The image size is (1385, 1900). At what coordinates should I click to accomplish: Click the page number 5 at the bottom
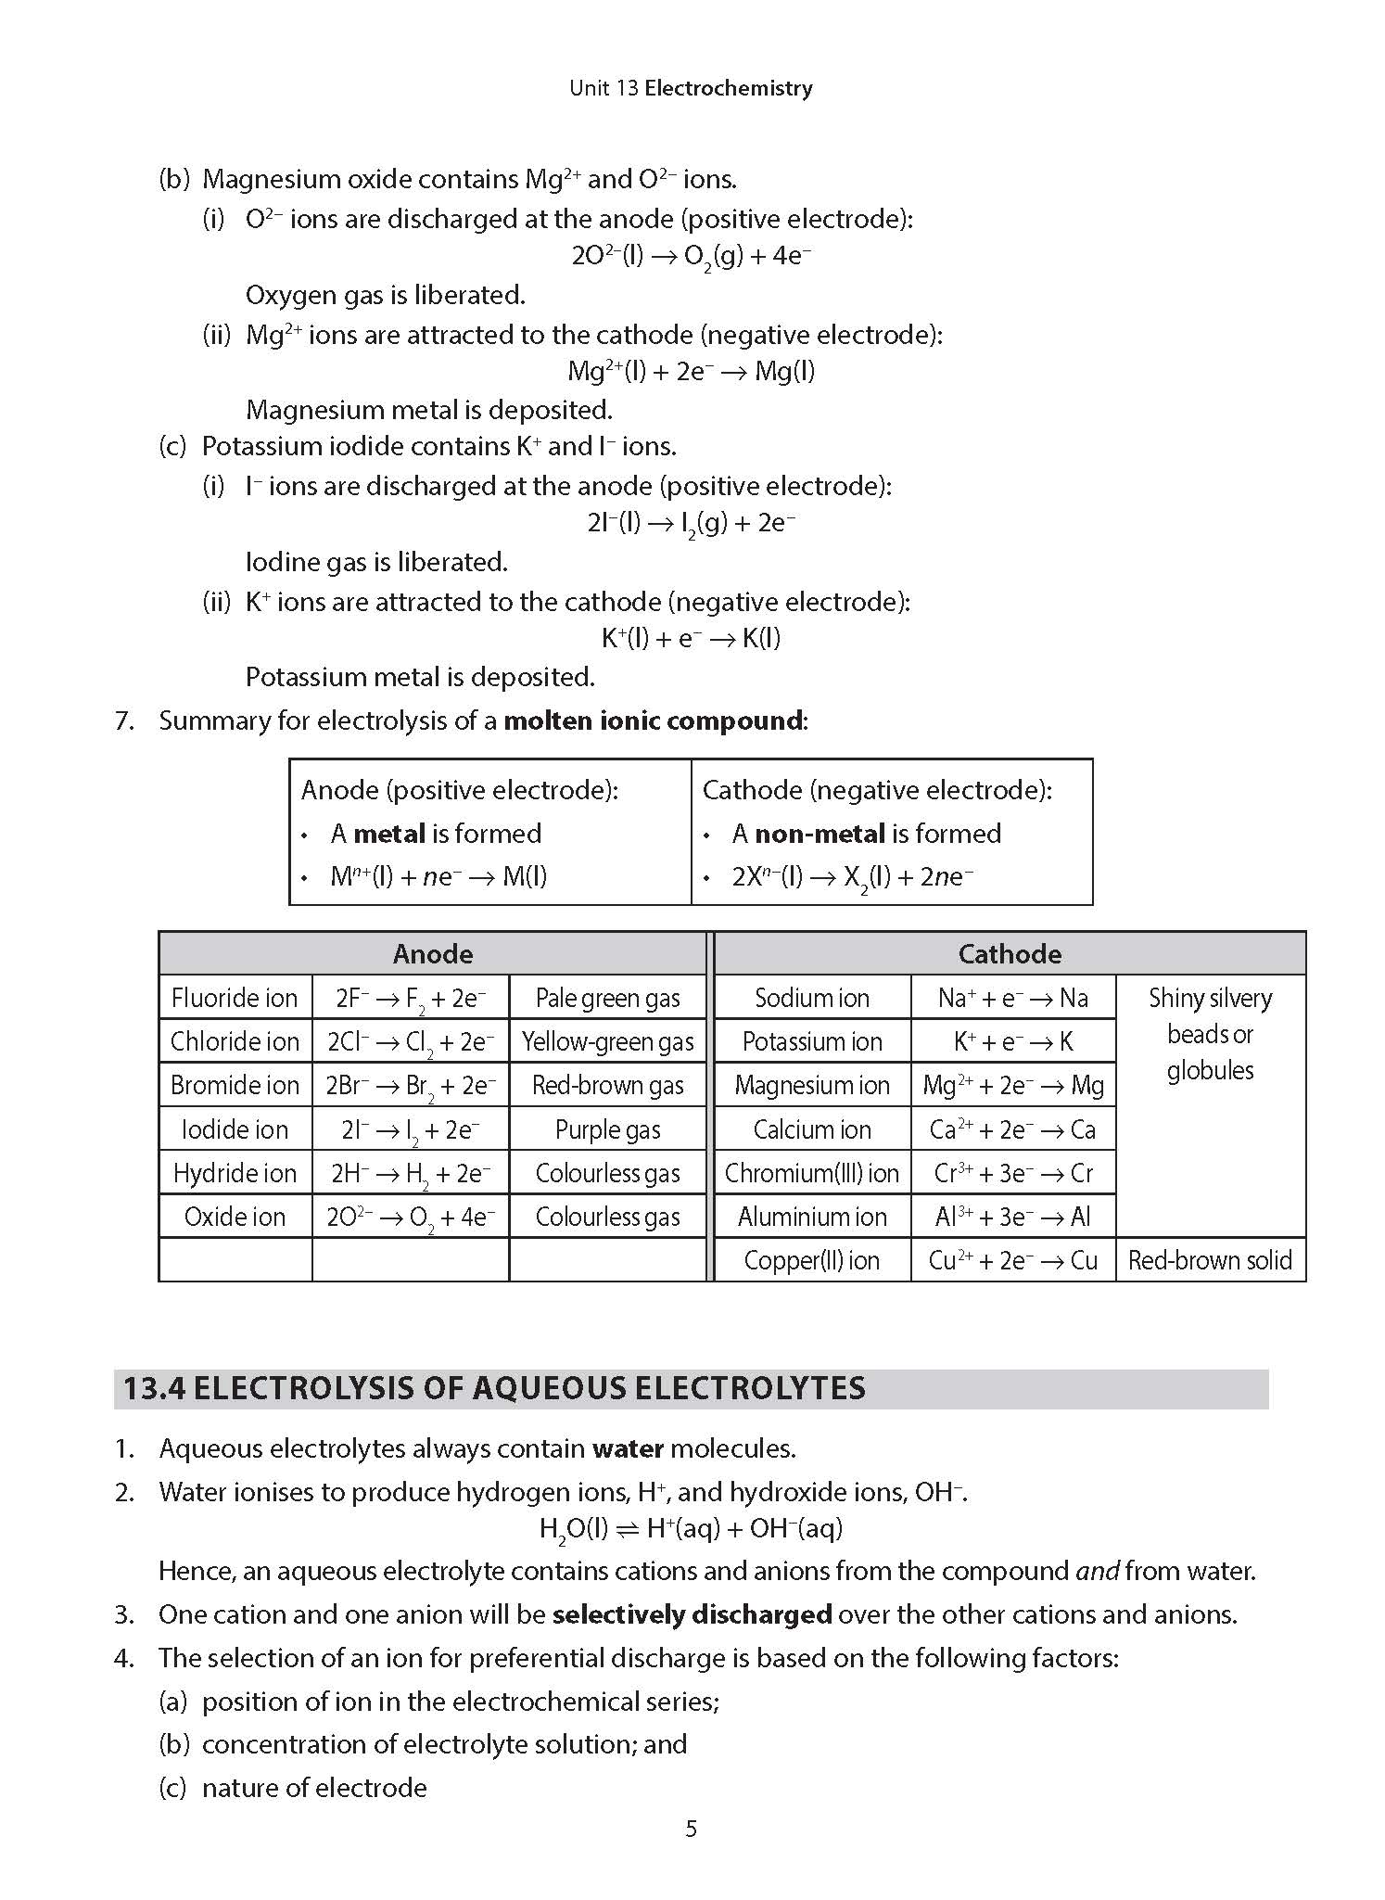point(691,1829)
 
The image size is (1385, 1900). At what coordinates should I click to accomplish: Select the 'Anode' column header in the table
point(432,953)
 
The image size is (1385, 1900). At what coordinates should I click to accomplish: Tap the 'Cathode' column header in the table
point(1010,953)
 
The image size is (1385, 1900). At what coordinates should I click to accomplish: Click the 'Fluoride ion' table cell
point(235,998)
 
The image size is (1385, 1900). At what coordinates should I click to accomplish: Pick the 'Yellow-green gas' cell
point(607,1041)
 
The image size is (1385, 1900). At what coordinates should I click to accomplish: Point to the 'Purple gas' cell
point(607,1129)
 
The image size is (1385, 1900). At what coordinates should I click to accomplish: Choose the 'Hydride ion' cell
point(235,1173)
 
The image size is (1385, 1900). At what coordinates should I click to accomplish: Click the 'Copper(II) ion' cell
point(811,1260)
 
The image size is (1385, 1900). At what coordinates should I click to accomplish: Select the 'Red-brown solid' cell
point(1210,1260)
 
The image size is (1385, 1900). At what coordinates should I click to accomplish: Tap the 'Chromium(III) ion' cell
point(811,1173)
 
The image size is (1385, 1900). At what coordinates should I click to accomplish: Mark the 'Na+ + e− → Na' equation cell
point(1012,998)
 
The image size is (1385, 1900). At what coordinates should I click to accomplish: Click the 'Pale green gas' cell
point(607,998)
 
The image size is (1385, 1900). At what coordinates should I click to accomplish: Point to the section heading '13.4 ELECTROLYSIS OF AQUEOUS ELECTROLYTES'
point(494,1388)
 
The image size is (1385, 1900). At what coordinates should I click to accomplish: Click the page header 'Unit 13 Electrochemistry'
point(691,88)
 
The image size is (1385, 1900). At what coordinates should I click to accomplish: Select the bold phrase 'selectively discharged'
point(692,1614)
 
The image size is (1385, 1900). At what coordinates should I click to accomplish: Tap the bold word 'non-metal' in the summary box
point(820,834)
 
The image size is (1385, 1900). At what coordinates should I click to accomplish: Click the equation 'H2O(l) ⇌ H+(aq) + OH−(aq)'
point(691,1529)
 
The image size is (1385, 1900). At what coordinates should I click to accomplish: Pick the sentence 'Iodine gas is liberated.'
point(376,562)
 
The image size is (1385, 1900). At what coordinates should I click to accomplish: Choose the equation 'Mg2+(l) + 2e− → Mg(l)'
point(691,372)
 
